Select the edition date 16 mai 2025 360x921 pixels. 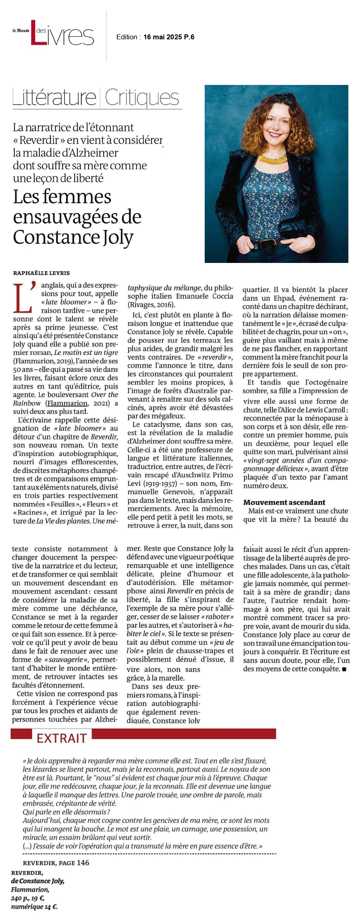pos(163,37)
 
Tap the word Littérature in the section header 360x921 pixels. pos(54,98)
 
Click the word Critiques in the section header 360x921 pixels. pos(142,98)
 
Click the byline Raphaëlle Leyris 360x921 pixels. pos(41,273)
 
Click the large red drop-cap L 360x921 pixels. pos(23,297)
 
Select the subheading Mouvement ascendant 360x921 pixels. pos(284,502)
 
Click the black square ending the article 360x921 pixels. pos(344,669)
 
